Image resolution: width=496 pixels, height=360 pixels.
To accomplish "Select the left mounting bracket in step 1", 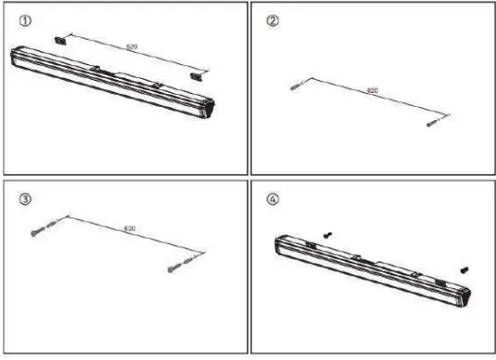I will coord(63,38).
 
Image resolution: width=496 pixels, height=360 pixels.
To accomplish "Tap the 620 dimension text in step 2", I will coord(372,91).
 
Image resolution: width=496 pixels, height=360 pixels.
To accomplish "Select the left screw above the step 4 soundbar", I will coord(328,236).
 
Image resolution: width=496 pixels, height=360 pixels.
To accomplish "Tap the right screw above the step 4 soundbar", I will coord(463,269).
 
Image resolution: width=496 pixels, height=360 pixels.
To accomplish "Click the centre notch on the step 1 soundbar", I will coord(96,68).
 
